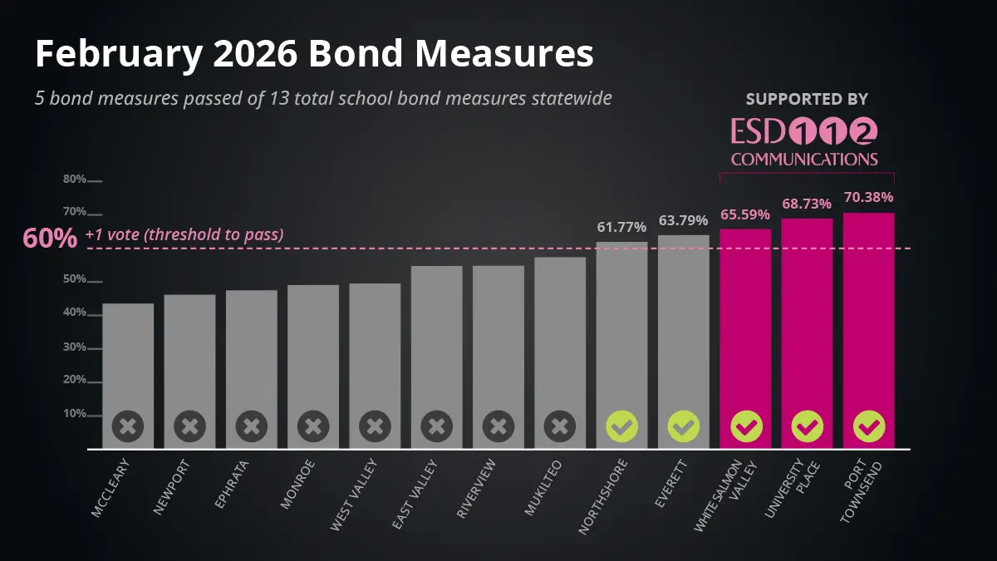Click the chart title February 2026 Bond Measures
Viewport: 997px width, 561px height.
pyautogui.click(x=314, y=55)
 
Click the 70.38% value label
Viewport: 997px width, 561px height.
pyautogui.click(x=868, y=198)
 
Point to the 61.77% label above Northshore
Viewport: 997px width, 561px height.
pyautogui.click(x=621, y=226)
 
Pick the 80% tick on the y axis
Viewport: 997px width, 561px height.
pyautogui.click(x=76, y=180)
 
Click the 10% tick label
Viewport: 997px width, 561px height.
pyautogui.click(x=76, y=414)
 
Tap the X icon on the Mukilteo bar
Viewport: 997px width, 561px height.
pyautogui.click(x=560, y=427)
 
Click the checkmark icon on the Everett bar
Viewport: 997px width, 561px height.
pyautogui.click(x=684, y=427)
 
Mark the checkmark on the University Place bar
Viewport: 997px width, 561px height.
pyautogui.click(x=807, y=427)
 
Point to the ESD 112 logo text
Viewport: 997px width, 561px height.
pyautogui.click(x=804, y=131)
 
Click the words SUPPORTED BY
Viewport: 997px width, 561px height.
pyautogui.click(x=807, y=100)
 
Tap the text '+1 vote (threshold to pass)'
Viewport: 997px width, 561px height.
pyautogui.click(x=184, y=234)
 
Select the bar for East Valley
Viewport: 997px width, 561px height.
pyautogui.click(x=436, y=357)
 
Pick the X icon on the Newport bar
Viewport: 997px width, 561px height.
pyautogui.click(x=189, y=427)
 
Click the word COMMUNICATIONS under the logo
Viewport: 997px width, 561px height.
pyautogui.click(x=804, y=159)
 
